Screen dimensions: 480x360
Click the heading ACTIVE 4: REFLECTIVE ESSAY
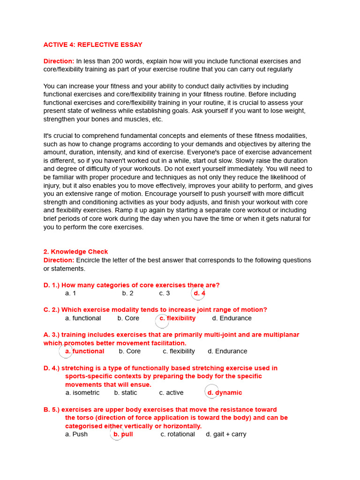click(x=93, y=45)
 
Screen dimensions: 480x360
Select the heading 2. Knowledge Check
click(x=75, y=252)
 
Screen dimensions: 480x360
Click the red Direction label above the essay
click(x=59, y=61)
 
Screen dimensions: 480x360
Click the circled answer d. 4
click(x=199, y=293)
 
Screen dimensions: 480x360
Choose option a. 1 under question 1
click(x=70, y=293)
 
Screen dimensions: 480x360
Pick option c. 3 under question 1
click(x=164, y=293)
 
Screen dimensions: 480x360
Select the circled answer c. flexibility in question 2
click(x=177, y=318)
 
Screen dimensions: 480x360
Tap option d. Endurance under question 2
click(x=232, y=318)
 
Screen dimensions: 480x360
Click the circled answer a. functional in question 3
click(x=84, y=351)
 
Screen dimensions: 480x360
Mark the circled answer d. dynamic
click(x=225, y=393)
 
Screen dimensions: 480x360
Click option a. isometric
click(x=82, y=393)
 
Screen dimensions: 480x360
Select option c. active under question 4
click(x=171, y=393)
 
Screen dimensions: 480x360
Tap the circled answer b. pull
click(x=123, y=434)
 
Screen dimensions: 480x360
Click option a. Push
click(x=76, y=434)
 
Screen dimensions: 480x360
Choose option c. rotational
click(x=178, y=434)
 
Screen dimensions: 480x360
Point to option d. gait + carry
click(x=226, y=434)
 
